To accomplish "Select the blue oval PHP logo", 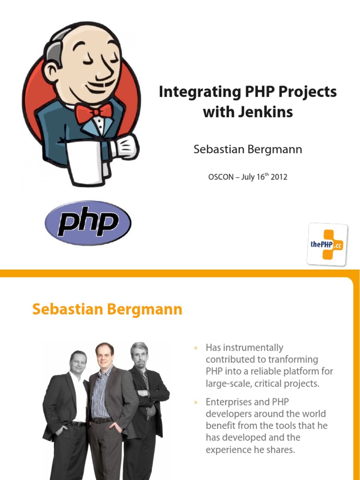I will point(88,223).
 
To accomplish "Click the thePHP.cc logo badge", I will point(327,244).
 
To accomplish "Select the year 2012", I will point(278,177).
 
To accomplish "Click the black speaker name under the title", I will point(247,150).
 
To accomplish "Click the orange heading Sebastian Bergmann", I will point(107,310).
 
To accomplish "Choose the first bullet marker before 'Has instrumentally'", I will point(196,348).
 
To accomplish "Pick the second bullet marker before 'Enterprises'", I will point(196,403).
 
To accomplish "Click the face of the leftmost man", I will point(78,363).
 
